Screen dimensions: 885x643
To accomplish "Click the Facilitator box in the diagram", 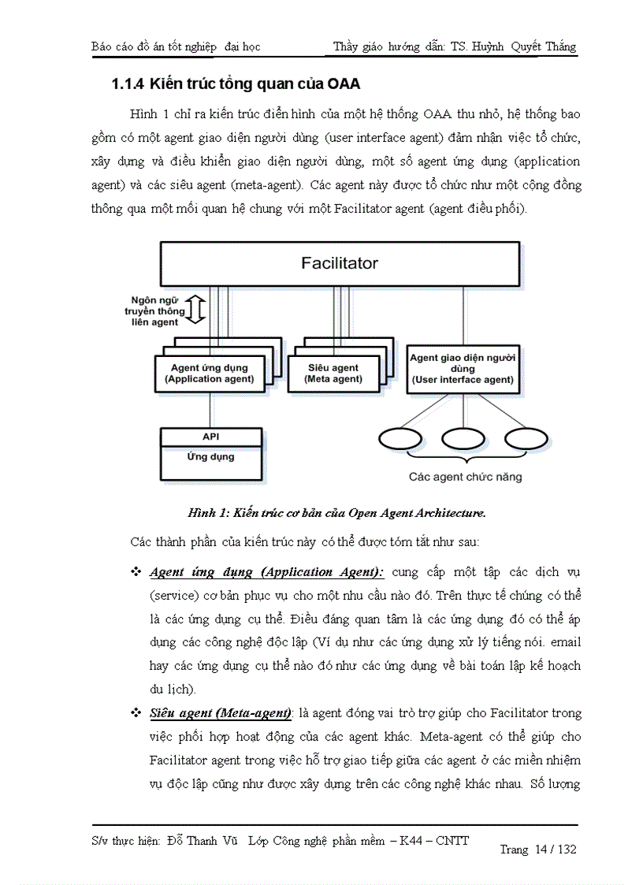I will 340,263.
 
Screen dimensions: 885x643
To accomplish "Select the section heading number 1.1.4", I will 128,84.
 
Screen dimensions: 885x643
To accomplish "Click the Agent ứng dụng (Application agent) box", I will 209,374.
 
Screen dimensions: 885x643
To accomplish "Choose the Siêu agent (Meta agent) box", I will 333,374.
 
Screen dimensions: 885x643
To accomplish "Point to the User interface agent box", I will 463,369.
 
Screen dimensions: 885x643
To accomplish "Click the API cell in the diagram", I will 210,437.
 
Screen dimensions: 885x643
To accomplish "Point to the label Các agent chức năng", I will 465,477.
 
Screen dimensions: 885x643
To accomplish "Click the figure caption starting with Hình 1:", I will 336,513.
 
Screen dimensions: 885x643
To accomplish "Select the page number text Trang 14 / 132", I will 537,849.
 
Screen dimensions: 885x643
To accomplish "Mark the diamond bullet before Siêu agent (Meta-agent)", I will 136,712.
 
